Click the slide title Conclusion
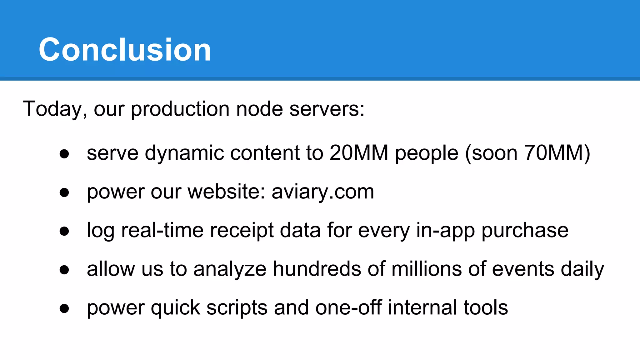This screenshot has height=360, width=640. click(125, 49)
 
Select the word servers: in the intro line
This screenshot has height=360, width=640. click(327, 109)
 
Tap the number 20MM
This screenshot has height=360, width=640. click(359, 153)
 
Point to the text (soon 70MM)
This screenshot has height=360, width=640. click(527, 153)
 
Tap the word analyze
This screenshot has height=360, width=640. click(230, 269)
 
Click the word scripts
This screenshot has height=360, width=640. click(237, 307)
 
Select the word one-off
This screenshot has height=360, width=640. click(348, 307)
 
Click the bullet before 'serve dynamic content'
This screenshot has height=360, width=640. click(64, 154)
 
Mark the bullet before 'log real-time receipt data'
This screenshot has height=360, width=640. click(64, 231)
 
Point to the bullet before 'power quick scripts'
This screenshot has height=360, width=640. click(64, 308)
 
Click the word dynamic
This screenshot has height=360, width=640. click(184, 153)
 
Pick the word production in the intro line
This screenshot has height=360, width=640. click(180, 109)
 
